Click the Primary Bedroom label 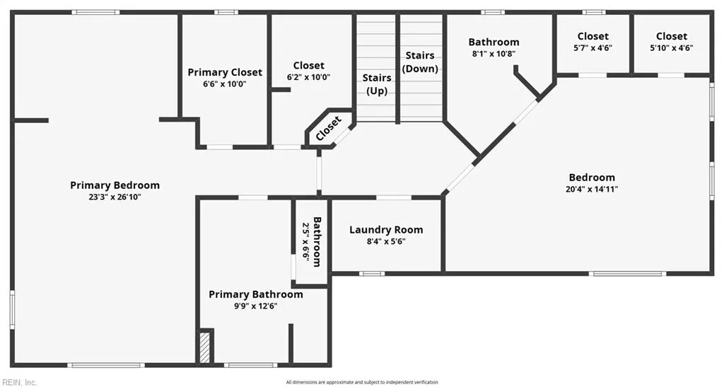coord(115,185)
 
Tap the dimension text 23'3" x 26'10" coord(115,197)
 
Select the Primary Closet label coord(225,72)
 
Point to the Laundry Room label coord(386,230)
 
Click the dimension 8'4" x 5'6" coord(386,241)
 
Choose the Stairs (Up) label coord(377,84)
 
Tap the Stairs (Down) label coord(420,62)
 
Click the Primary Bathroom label coord(255,294)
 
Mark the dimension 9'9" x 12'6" coord(255,306)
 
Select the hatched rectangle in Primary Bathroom coord(204,347)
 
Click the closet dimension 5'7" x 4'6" coord(592,48)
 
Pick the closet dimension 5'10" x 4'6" coord(671,48)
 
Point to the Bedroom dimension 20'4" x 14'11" coord(592,190)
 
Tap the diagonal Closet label coord(329,129)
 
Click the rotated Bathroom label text coord(317,241)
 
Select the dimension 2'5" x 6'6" coord(306,241)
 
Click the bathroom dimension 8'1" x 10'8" coord(494,54)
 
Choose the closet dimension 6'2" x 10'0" coord(308,77)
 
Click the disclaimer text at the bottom coord(361,382)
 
